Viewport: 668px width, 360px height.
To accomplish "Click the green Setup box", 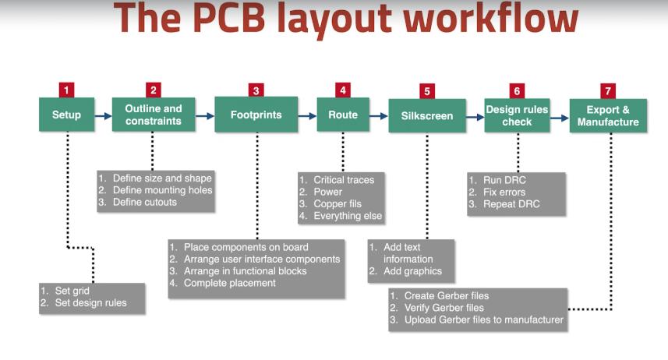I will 66,115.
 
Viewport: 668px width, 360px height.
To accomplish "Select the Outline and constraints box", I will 154,115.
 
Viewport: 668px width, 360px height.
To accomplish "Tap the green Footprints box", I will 256,115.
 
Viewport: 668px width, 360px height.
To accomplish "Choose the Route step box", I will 343,115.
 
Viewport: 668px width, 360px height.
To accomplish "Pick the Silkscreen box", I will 426,115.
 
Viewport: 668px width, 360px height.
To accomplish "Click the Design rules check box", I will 517,115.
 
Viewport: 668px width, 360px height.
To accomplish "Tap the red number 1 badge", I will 66,90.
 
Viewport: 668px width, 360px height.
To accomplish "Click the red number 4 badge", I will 343,90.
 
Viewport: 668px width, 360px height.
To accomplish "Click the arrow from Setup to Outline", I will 103,115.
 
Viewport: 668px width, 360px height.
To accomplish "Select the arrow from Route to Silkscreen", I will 379,115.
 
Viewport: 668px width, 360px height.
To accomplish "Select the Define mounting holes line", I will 162,189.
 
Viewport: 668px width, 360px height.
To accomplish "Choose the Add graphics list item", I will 412,271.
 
